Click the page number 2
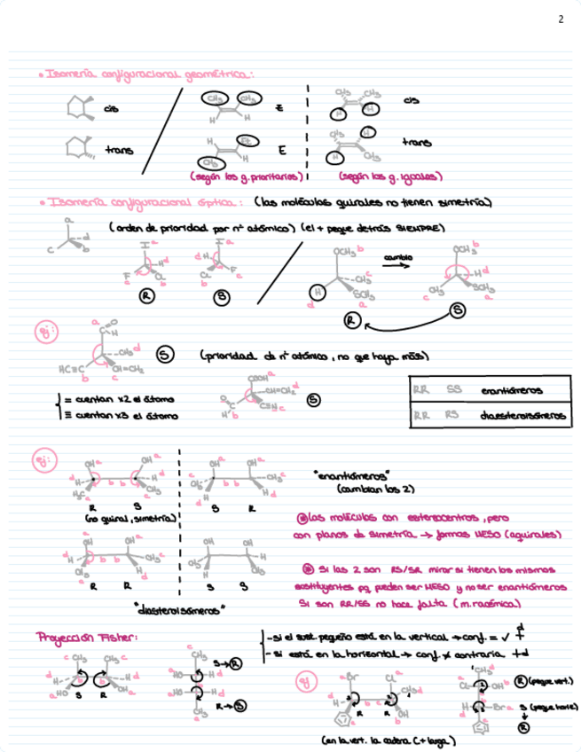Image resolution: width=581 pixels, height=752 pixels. point(560,19)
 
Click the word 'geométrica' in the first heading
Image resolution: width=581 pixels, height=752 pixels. point(216,75)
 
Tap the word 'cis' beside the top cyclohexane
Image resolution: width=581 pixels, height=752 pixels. point(111,109)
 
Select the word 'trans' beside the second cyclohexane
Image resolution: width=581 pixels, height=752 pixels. point(119,150)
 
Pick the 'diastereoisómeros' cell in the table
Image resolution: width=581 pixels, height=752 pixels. point(522,414)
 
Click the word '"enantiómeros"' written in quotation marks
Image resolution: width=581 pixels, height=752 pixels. point(349,476)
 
